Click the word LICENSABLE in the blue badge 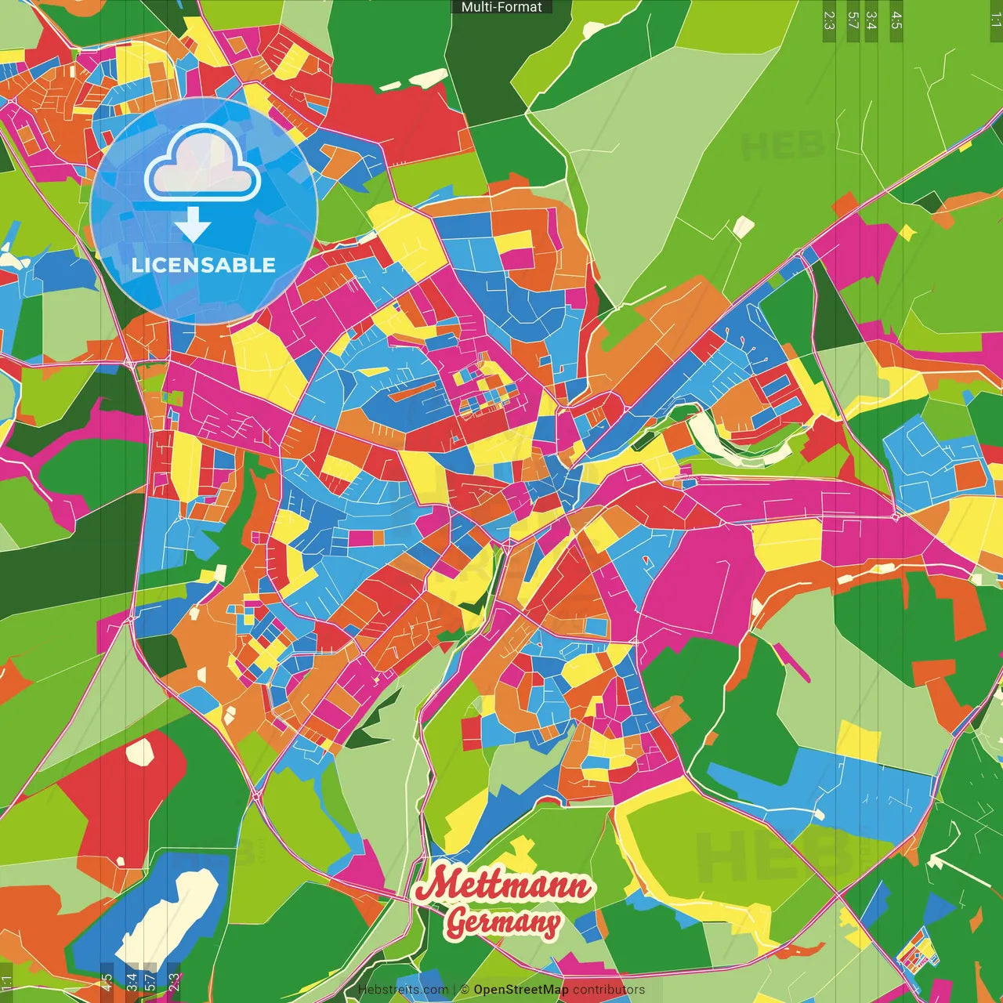[x=203, y=265]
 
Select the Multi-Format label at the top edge [x=501, y=7]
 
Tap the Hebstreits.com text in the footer [x=403, y=990]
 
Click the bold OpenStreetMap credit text [x=521, y=990]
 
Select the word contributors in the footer [x=609, y=990]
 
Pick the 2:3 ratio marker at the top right [x=829, y=20]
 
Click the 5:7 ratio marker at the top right [x=853, y=20]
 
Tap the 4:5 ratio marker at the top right [x=896, y=20]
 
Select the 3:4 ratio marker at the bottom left [x=131, y=982]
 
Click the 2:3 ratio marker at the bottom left [x=174, y=982]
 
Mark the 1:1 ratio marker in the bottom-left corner [x=6, y=982]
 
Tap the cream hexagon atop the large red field [x=140, y=751]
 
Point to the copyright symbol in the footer [x=465, y=990]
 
